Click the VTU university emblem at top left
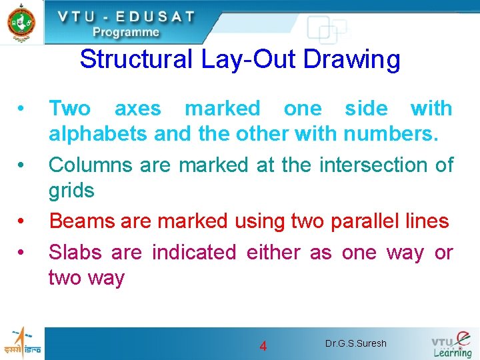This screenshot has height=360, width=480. [21, 22]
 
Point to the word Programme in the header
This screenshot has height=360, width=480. [126, 32]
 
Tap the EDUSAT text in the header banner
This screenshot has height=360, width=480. [155, 16]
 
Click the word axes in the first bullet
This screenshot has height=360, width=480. [137, 108]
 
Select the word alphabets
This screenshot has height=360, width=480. [98, 134]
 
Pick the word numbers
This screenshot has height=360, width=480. [391, 134]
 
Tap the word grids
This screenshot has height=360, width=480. [71, 191]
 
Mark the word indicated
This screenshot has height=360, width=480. [194, 252]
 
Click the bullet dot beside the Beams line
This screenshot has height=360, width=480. [22, 221]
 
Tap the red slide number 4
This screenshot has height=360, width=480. [263, 346]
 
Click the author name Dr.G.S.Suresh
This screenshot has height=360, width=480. [355, 344]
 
